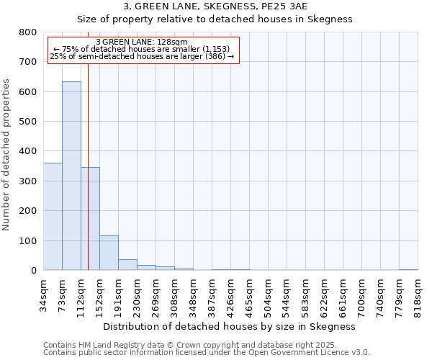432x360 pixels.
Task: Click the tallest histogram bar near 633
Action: click(71, 176)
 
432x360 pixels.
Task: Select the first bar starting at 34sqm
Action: click(53, 216)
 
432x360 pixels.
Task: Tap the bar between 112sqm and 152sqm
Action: click(90, 219)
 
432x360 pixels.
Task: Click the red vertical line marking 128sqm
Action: click(88, 144)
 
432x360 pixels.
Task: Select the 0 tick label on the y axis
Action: click(33, 271)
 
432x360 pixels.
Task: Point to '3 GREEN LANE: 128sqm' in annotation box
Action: click(142, 42)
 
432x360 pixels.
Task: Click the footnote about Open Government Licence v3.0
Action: click(207, 353)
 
